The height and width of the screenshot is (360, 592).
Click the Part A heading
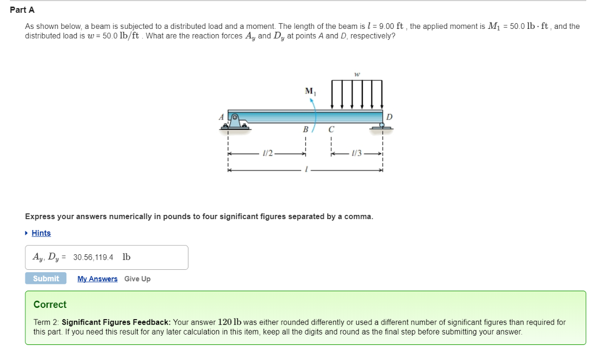tap(22, 10)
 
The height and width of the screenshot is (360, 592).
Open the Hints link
tap(41, 233)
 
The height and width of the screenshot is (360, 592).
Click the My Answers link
tap(97, 279)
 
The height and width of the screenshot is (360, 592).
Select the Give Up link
tap(137, 279)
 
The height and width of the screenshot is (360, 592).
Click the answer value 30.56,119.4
tap(93, 257)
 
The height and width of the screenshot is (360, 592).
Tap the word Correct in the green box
tap(50, 305)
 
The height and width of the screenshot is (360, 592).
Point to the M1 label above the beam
tap(310, 91)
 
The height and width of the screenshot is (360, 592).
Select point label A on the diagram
tap(221, 116)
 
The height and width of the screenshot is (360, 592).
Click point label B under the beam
tap(305, 129)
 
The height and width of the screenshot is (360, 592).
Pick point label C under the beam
tap(331, 129)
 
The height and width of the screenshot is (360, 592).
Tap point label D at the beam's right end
tap(388, 117)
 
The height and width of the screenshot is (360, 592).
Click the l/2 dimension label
tap(267, 153)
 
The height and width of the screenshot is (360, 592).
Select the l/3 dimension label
tap(357, 153)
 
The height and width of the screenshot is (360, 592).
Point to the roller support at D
tap(382, 127)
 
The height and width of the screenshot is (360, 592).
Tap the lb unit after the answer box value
tap(127, 257)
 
